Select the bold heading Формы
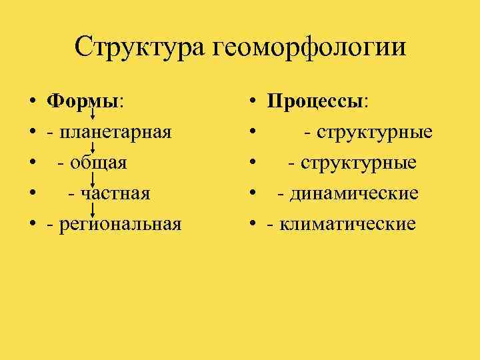pos(83,101)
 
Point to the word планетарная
pos(115,132)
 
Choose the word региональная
pos(119,225)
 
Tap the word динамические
pos(354,193)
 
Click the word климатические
pos(347,225)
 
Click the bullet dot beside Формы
pos(32,101)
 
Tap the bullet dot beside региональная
pos(32,225)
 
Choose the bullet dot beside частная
pos(32,194)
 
